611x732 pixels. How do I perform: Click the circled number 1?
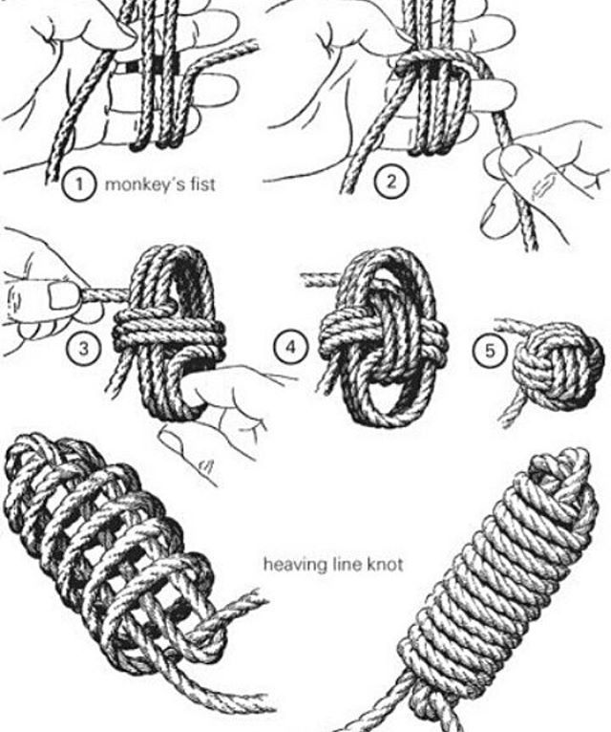coord(80,183)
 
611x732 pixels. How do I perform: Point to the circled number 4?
coord(291,347)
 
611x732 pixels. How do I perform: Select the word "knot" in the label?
coord(382,565)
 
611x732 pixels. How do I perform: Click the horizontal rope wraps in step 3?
coord(169,332)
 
